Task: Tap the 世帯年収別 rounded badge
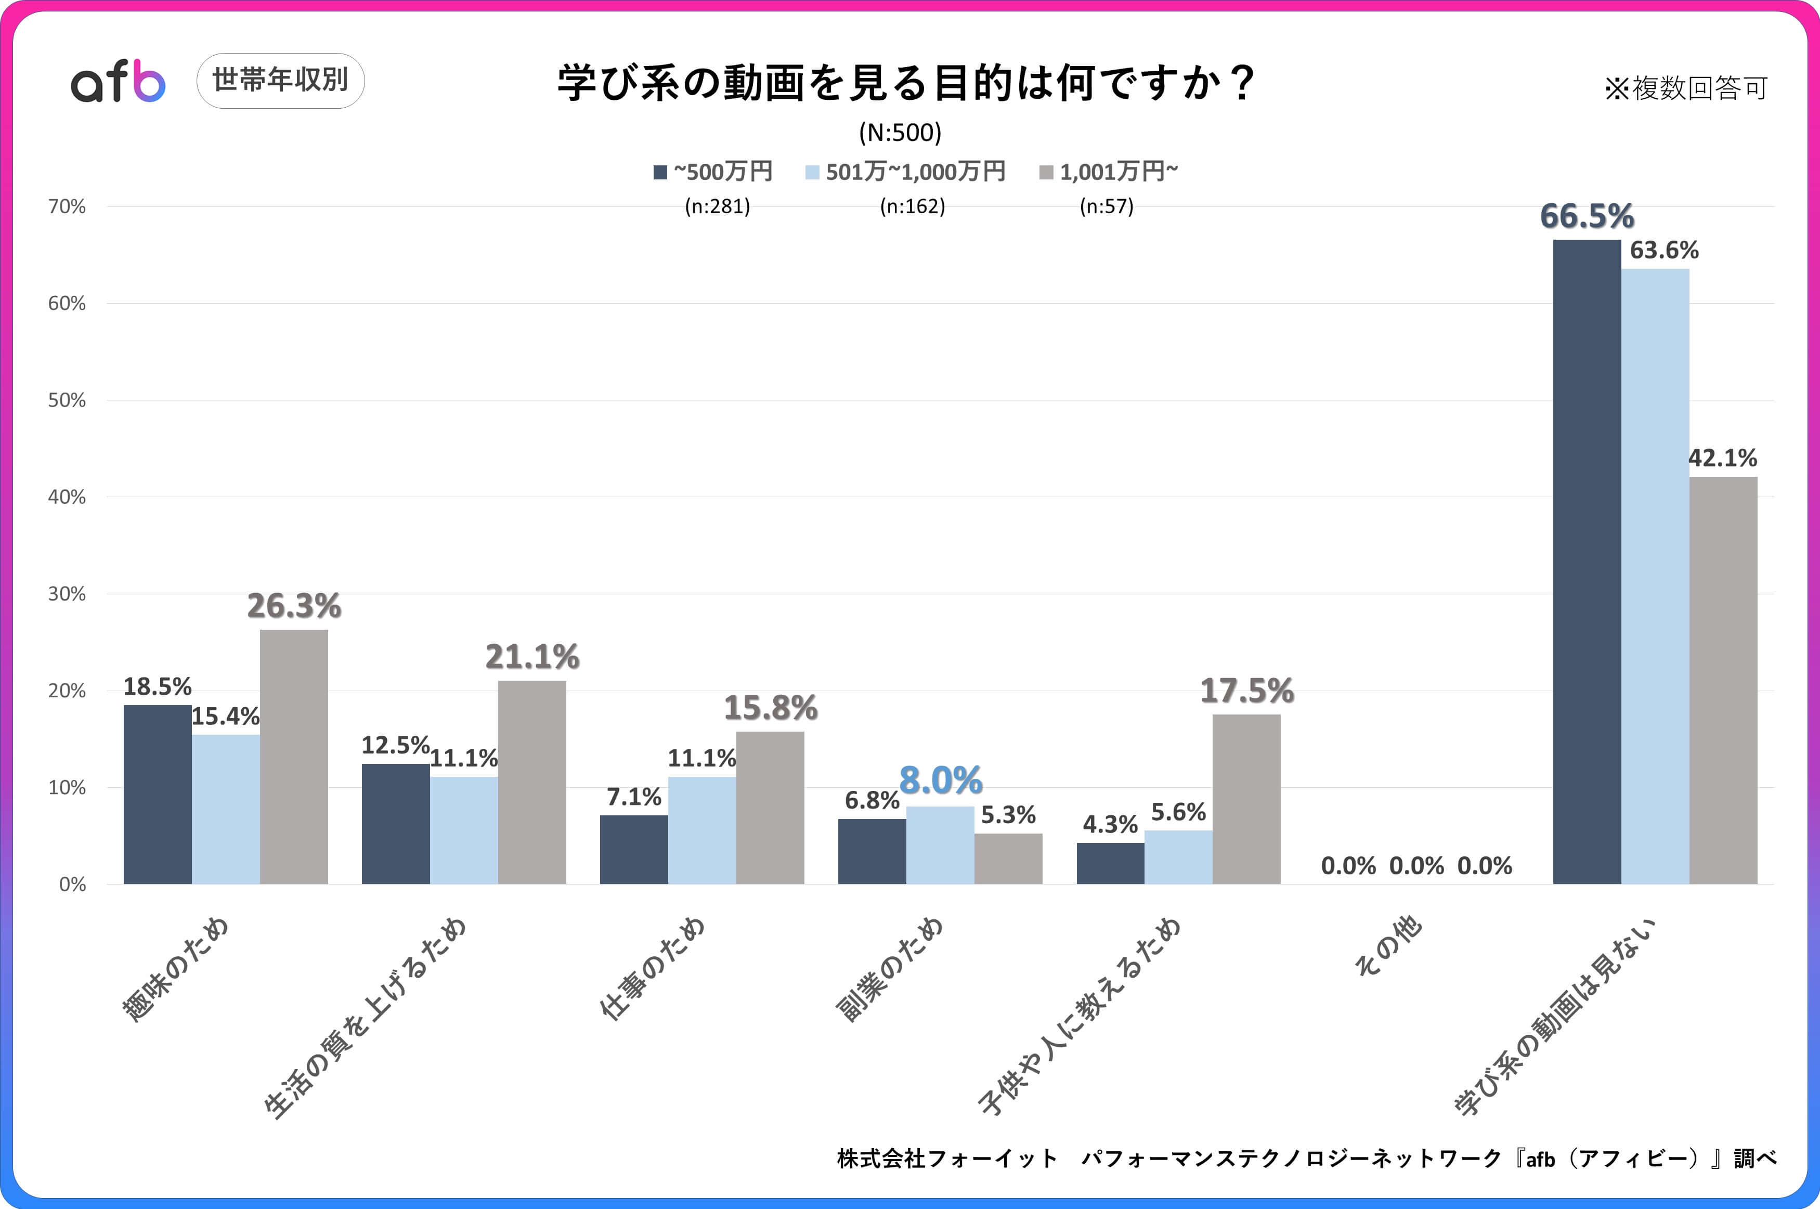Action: pyautogui.click(x=281, y=80)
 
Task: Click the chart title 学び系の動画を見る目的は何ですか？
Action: pyautogui.click(x=906, y=83)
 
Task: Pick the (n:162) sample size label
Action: pyautogui.click(x=912, y=206)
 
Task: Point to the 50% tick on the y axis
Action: pyautogui.click(x=67, y=400)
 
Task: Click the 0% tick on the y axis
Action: pyautogui.click(x=72, y=885)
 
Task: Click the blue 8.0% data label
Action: pyautogui.click(x=941, y=781)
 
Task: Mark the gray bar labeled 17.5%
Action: pyautogui.click(x=1246, y=799)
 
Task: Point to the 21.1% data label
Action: pyautogui.click(x=532, y=657)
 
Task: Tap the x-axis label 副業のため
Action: pyautogui.click(x=890, y=969)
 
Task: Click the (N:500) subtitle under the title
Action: pyautogui.click(x=900, y=133)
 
